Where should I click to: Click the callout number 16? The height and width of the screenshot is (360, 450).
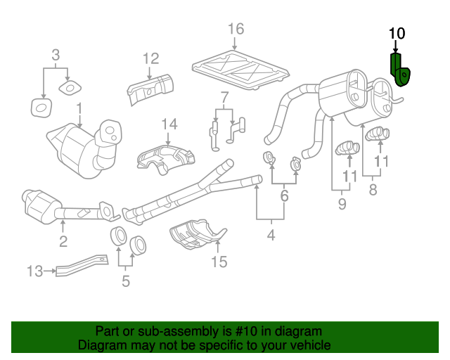[236, 29]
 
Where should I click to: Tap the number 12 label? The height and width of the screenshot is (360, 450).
[151, 58]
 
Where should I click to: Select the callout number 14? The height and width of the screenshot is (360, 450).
[169, 124]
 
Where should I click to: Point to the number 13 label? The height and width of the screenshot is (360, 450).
[35, 270]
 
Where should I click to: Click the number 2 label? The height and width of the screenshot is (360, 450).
[63, 243]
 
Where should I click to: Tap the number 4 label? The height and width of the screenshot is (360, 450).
[271, 236]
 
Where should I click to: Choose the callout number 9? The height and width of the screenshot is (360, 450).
[342, 205]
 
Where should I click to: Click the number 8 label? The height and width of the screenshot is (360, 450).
[373, 190]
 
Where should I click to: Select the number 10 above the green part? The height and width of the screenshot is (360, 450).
[397, 33]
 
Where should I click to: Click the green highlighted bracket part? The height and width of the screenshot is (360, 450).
[401, 70]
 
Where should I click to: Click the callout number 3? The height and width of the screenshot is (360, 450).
[56, 54]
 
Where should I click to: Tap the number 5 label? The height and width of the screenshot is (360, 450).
[126, 282]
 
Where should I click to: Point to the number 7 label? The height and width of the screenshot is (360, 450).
[224, 96]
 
